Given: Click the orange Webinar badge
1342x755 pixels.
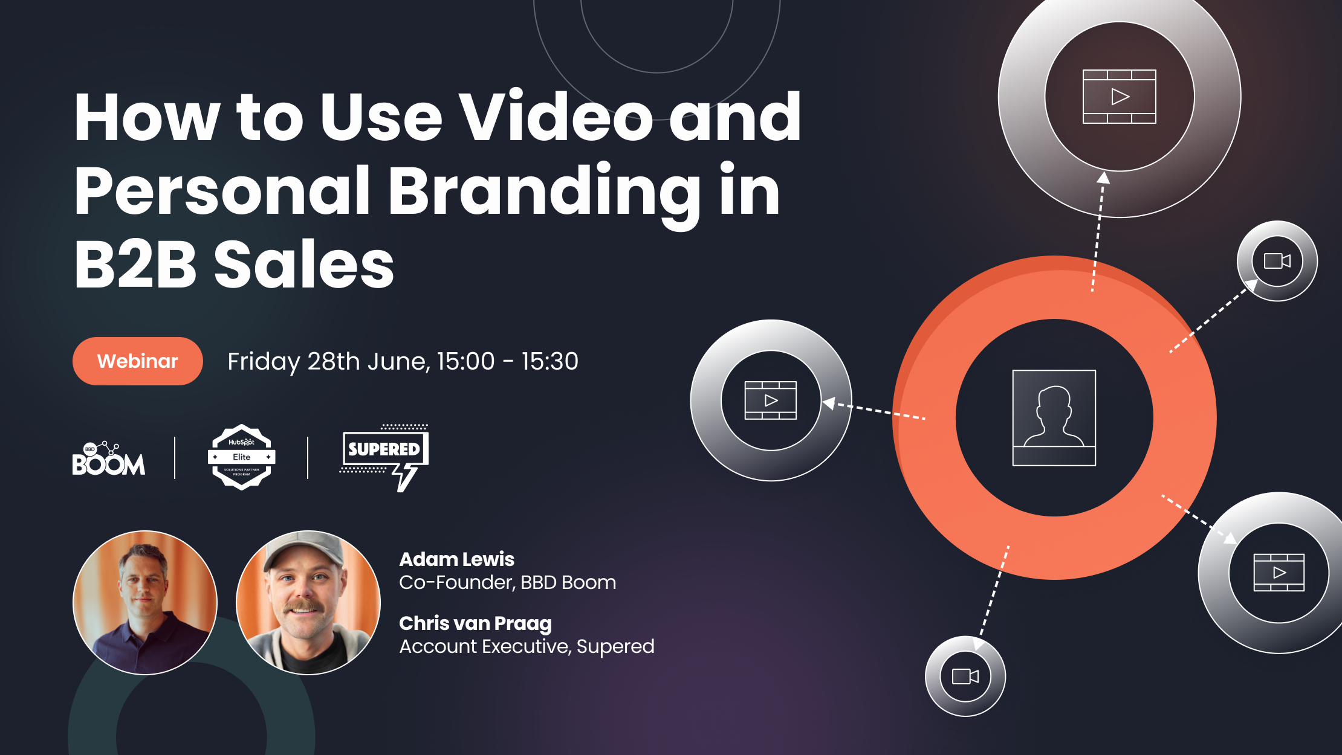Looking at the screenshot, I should [137, 361].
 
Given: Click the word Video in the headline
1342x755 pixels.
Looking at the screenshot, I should [555, 117].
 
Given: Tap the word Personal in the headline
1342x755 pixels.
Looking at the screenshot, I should [221, 191].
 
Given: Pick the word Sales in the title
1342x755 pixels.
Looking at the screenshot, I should [304, 265].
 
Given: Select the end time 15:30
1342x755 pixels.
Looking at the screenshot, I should [549, 361].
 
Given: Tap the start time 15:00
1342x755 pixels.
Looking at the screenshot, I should [465, 361].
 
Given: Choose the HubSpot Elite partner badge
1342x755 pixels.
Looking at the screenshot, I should [242, 457].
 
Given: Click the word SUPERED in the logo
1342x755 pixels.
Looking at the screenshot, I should [384, 449].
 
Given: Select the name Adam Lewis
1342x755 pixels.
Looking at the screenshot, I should [456, 559].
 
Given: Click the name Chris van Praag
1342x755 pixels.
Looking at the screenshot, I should [475, 623].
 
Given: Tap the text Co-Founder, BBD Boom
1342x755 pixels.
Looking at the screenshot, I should [507, 582].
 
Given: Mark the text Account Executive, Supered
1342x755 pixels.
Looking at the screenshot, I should [527, 646].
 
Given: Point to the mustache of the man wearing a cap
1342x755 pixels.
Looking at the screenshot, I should [304, 606].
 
